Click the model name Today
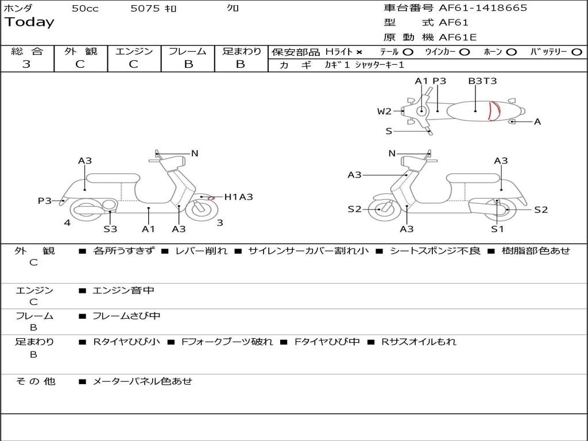tap(29, 22)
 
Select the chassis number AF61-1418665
tap(483, 8)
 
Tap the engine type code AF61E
tap(458, 37)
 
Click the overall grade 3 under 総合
tap(26, 64)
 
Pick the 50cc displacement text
tap(85, 8)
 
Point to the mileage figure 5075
tap(145, 8)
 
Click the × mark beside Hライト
tap(359, 52)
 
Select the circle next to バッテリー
tap(577, 52)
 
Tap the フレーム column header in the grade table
tap(188, 51)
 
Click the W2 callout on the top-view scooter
tap(384, 111)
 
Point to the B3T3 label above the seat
tap(482, 81)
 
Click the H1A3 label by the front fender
tap(238, 197)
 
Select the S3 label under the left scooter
tap(110, 229)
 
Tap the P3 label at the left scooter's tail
tap(45, 200)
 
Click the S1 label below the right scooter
tap(497, 229)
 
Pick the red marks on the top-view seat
tap(494, 111)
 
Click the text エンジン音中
tap(123, 290)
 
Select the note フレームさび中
tap(126, 316)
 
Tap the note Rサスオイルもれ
tap(419, 342)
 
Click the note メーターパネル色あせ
tap(142, 381)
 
